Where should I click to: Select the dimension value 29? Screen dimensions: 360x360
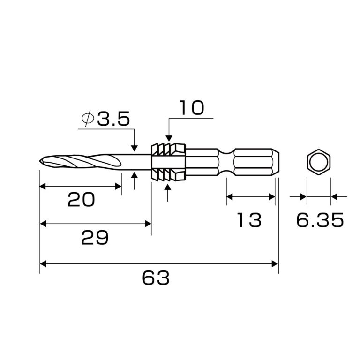click(x=95, y=238)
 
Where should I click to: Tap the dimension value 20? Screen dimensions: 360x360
click(x=81, y=200)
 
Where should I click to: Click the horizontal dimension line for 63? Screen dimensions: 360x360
click(x=159, y=264)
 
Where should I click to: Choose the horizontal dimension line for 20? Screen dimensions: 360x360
click(x=80, y=186)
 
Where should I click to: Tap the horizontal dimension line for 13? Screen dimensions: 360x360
click(x=250, y=197)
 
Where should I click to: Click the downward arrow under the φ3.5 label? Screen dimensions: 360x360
click(x=135, y=147)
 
